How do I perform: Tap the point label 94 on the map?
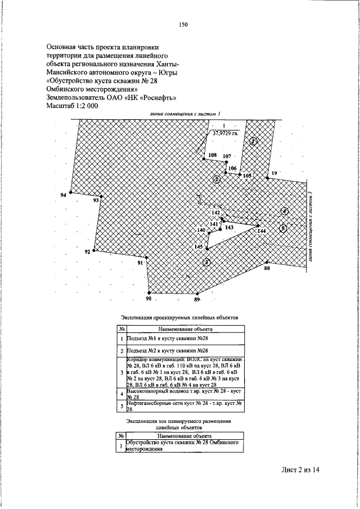(x=63, y=195)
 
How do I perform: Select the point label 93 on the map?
(x=96, y=200)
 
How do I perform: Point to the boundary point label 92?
(x=87, y=252)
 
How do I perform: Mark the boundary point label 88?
(x=267, y=268)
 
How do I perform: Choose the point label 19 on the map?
(x=274, y=173)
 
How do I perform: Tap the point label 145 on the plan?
(x=198, y=247)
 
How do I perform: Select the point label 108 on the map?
(x=212, y=155)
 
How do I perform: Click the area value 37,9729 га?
(x=224, y=134)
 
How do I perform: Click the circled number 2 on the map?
(x=216, y=179)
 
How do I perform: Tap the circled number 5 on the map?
(x=283, y=228)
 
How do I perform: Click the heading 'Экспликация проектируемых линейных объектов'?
(x=180, y=318)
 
